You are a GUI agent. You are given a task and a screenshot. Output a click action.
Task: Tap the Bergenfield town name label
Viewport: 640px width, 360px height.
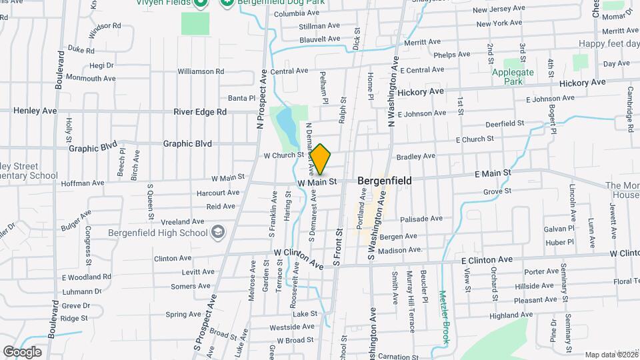pyautogui.click(x=385, y=181)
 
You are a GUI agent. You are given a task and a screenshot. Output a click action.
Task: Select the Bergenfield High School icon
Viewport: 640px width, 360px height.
pyautogui.click(x=217, y=231)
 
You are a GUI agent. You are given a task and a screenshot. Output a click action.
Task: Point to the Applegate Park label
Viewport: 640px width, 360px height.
pyautogui.click(x=513, y=76)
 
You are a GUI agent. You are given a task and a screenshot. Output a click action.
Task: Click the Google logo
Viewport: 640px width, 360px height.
pyautogui.click(x=22, y=351)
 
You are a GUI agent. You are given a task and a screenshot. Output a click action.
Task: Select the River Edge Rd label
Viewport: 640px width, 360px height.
pyautogui.click(x=200, y=111)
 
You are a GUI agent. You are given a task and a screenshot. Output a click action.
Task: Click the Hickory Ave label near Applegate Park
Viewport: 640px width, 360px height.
pyautogui.click(x=582, y=83)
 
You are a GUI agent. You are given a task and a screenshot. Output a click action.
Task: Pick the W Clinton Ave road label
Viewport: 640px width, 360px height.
pyautogui.click(x=299, y=259)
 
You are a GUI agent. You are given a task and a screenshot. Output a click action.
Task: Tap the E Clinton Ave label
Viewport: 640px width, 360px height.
pyautogui.click(x=487, y=259)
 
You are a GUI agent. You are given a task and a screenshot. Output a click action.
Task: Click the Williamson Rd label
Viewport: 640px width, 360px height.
pyautogui.click(x=201, y=71)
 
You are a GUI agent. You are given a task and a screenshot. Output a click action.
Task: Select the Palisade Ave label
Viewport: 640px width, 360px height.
pyautogui.click(x=421, y=218)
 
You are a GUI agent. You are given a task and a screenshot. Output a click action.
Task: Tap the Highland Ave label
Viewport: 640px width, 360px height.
pyautogui.click(x=513, y=315)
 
